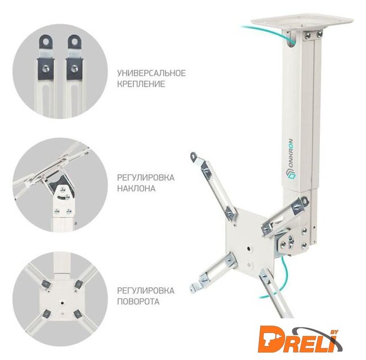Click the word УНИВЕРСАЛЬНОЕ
coord(151,73)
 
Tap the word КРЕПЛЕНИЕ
coord(141,84)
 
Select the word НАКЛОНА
coord(136,188)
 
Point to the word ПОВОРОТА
coord(138,301)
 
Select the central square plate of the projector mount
coord(249,242)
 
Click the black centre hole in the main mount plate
coord(249,249)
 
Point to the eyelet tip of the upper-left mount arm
coord(194,156)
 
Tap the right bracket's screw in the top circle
coord(74,69)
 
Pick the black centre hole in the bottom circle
coord(62,303)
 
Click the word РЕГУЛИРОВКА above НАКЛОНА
coord(145,178)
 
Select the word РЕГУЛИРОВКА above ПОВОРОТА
coord(145,291)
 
